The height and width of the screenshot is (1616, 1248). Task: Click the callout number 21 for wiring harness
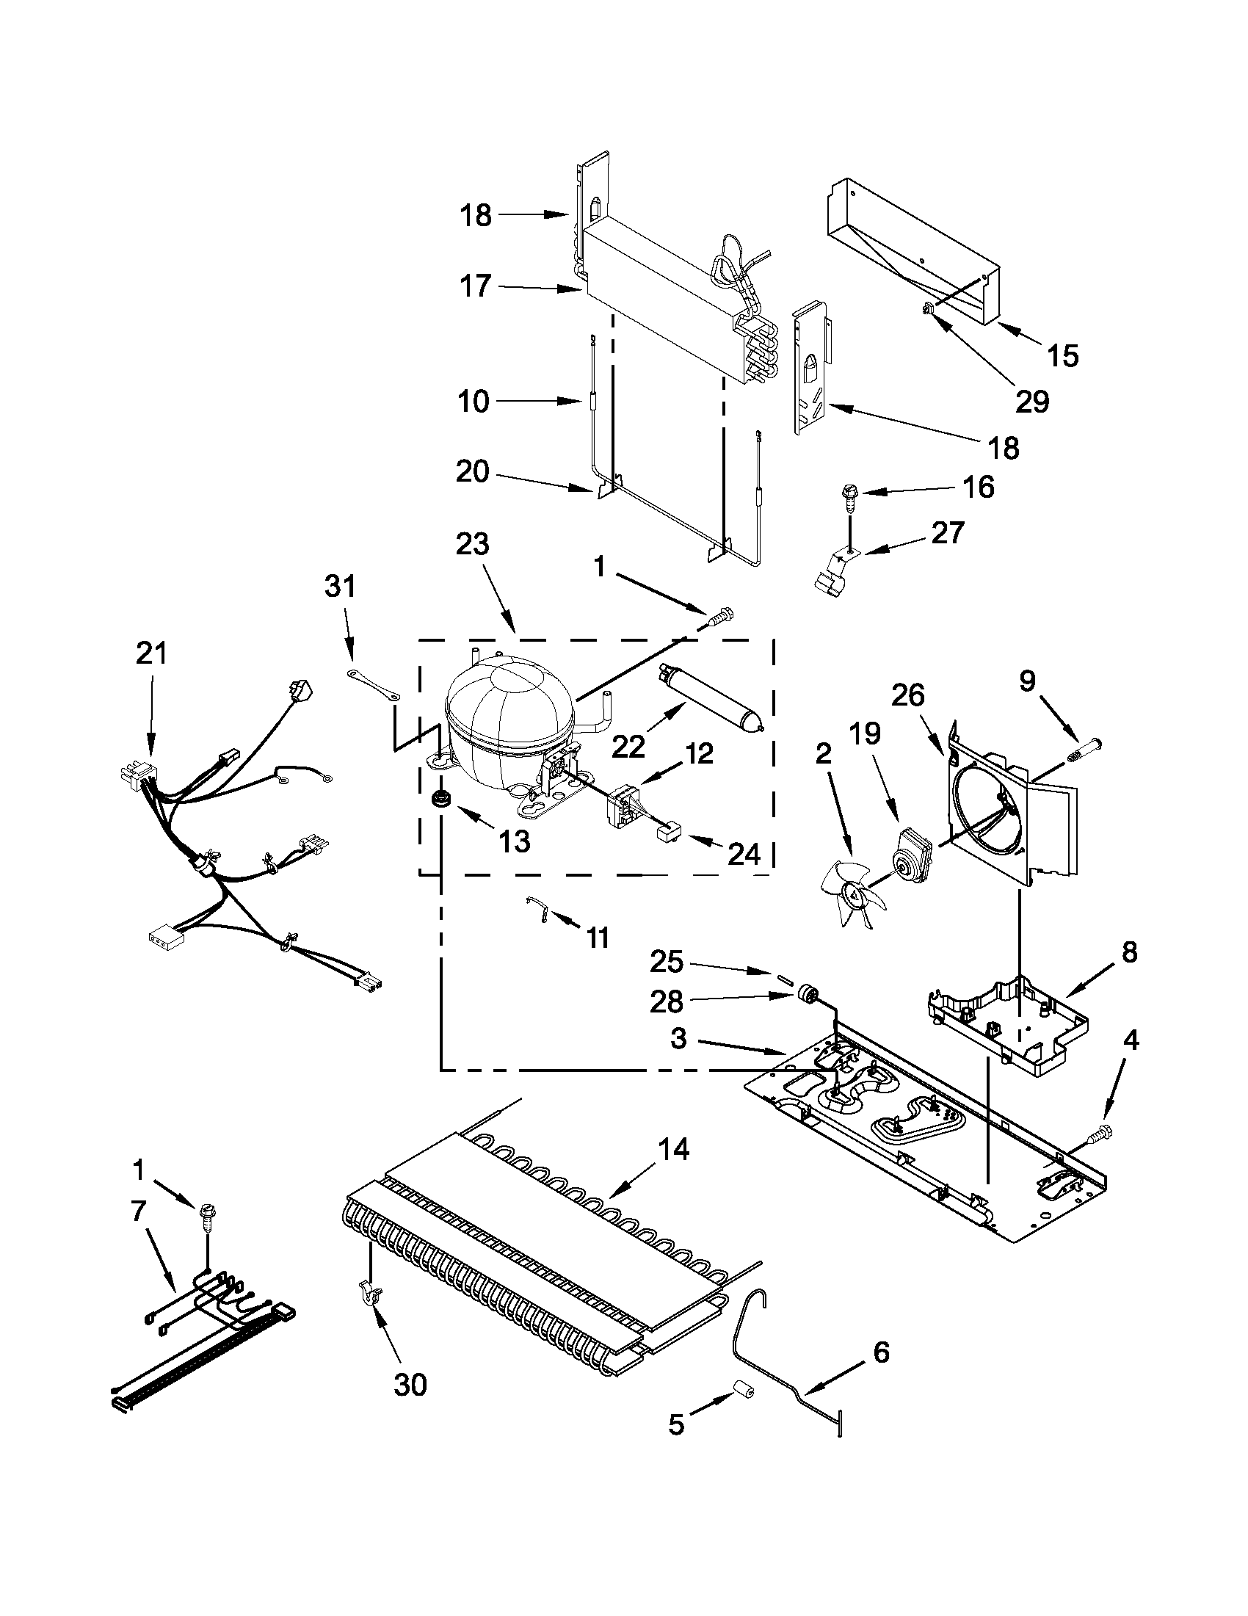coord(152,653)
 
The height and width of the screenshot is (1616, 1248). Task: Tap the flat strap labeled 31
coord(374,684)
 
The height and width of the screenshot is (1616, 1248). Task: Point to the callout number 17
coord(476,285)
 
